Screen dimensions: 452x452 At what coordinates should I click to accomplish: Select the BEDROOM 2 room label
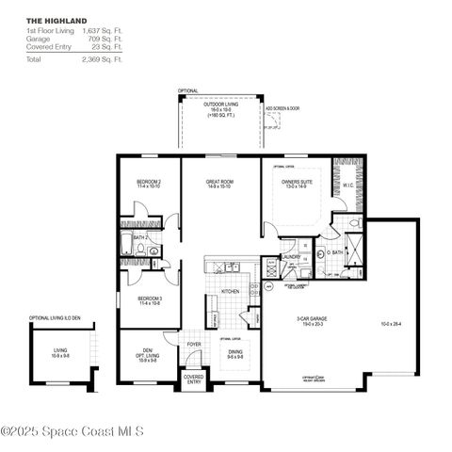150,181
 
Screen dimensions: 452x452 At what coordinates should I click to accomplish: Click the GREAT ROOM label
220,181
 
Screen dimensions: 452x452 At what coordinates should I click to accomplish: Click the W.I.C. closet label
347,186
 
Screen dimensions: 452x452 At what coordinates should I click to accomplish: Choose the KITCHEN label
230,292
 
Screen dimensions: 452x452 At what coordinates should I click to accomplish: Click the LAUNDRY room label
291,256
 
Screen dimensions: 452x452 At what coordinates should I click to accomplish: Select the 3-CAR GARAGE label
311,319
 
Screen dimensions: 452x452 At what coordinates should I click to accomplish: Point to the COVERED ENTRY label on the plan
193,379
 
